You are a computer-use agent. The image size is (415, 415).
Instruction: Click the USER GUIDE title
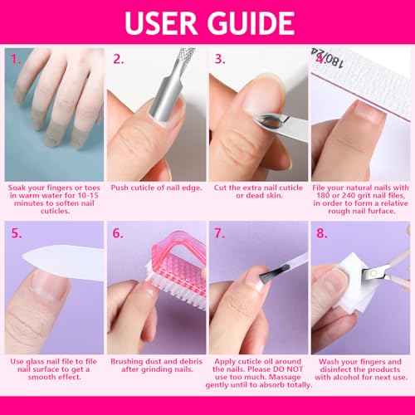tap(207, 21)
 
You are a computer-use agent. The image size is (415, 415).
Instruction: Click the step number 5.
tap(15, 234)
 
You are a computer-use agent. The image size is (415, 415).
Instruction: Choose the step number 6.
tap(118, 234)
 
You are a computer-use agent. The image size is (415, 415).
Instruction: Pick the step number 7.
tap(221, 234)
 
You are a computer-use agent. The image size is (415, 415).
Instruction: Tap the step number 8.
tap(323, 234)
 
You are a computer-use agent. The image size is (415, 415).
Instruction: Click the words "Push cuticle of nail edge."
tap(156, 188)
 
